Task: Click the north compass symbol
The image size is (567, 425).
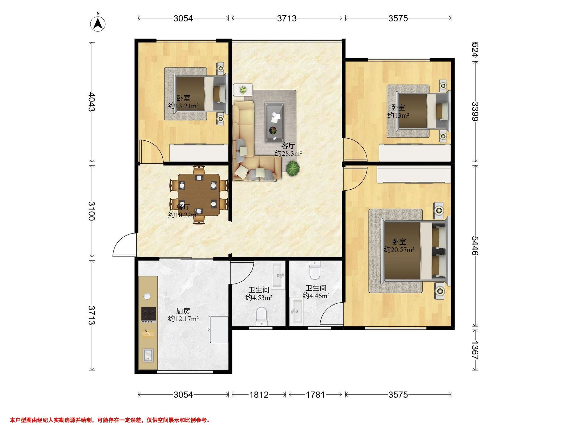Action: click(98, 24)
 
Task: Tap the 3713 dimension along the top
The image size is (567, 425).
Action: click(287, 18)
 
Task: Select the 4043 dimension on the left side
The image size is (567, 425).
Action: click(91, 102)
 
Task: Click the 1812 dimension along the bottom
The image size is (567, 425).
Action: click(259, 395)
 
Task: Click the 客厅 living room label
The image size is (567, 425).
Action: click(288, 146)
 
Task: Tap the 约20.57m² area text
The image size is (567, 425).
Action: click(399, 250)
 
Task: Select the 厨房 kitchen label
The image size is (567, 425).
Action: click(183, 311)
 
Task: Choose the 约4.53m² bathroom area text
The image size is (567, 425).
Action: click(259, 298)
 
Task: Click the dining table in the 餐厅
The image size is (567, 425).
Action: click(199, 195)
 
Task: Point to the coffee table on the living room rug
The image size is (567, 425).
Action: click(275, 122)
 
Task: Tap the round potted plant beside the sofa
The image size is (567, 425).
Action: click(293, 168)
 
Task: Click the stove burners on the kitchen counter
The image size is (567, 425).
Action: click(149, 314)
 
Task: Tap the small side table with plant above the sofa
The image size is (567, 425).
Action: click(243, 90)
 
